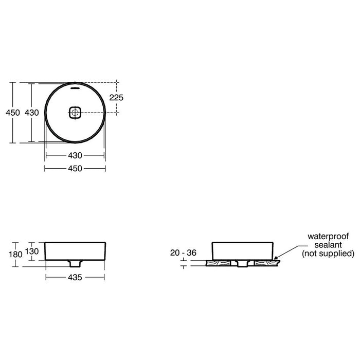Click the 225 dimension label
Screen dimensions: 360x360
(116, 98)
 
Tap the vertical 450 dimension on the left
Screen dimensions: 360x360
(13, 113)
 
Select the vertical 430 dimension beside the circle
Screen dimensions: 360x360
(32, 113)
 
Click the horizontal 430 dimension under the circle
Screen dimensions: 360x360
(75, 155)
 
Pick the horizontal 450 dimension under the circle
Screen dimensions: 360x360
(75, 169)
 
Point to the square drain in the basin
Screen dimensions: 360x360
(75, 113)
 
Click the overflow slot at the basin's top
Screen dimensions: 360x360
(75, 88)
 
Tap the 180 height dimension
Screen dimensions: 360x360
(15, 255)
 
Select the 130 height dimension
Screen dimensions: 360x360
(32, 251)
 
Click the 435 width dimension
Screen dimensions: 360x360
(75, 277)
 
